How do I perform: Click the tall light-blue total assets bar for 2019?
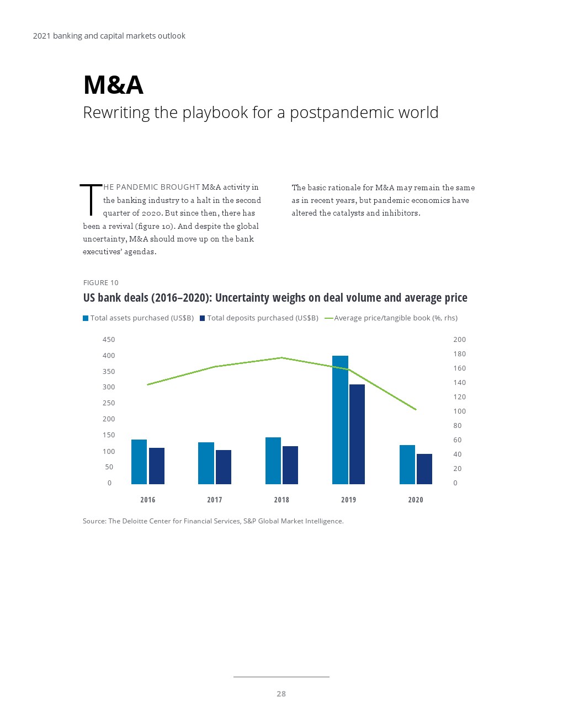(340, 420)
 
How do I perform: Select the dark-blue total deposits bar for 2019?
(357, 434)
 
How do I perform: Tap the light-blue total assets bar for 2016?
(139, 462)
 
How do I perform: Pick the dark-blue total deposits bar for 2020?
(424, 469)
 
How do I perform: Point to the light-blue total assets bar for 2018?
(273, 461)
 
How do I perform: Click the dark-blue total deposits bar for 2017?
(224, 467)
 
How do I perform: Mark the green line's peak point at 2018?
(281, 358)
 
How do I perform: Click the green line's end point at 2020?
(416, 410)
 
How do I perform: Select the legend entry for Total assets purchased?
(138, 318)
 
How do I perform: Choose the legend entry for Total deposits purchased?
(259, 318)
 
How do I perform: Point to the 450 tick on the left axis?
(109, 340)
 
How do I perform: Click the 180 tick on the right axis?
(460, 354)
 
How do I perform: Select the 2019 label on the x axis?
(348, 500)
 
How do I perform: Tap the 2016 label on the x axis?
(147, 500)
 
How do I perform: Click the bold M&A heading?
(113, 85)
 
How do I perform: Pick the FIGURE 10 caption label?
(100, 283)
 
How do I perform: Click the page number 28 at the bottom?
(281, 694)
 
